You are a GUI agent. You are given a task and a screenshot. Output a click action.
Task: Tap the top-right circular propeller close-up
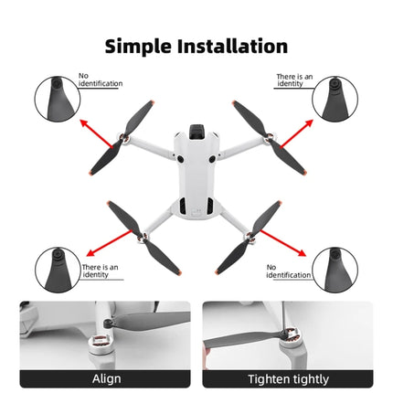335,99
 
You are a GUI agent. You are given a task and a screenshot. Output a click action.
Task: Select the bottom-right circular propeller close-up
335,270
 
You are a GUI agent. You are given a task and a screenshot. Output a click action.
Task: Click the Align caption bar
105,378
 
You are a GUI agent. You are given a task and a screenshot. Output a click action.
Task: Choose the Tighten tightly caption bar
287,378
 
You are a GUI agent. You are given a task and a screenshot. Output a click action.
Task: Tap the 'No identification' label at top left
99,80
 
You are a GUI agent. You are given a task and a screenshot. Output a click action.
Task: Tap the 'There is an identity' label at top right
294,80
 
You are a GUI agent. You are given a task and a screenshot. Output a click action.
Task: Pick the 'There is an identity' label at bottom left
100,270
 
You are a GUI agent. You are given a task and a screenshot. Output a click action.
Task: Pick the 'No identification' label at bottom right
289,271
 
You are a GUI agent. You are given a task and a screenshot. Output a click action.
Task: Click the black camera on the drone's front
196,132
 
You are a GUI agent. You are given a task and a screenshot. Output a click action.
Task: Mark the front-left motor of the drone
123,141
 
